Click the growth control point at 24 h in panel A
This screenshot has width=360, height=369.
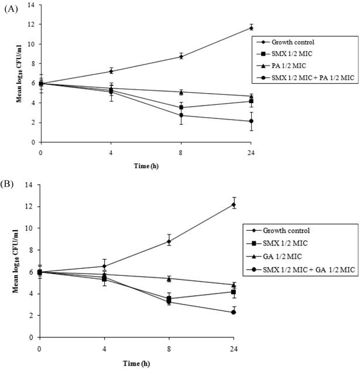click(x=235, y=28)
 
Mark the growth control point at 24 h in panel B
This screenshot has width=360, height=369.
click(x=234, y=204)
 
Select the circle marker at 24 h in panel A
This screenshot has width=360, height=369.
click(x=235, y=121)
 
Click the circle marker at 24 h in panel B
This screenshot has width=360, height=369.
click(x=234, y=312)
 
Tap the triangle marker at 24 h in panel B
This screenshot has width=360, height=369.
click(x=234, y=285)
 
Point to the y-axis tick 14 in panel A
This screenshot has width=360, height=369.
click(x=33, y=5)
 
